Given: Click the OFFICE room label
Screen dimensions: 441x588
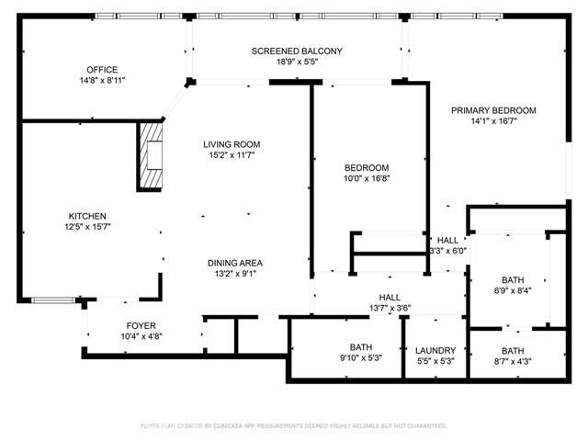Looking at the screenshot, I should point(102,70).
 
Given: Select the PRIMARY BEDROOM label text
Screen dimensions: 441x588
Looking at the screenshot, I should point(492,110).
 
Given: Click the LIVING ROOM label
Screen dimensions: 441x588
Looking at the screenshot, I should point(232,144).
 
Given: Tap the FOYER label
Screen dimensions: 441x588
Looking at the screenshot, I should point(141,325).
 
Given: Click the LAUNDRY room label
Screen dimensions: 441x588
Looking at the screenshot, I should point(435,350).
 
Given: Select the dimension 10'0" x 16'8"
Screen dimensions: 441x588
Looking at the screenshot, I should point(367,179).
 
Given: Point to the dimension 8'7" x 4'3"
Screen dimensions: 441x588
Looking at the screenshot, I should point(513,361).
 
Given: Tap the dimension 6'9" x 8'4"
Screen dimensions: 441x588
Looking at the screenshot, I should point(512,291).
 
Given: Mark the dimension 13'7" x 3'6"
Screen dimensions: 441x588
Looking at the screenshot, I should point(390,308).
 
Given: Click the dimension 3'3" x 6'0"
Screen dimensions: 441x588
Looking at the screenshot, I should point(447,251).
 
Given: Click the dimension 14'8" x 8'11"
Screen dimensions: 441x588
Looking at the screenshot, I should point(102,81).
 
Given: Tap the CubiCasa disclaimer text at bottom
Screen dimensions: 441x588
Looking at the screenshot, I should point(293,426).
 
